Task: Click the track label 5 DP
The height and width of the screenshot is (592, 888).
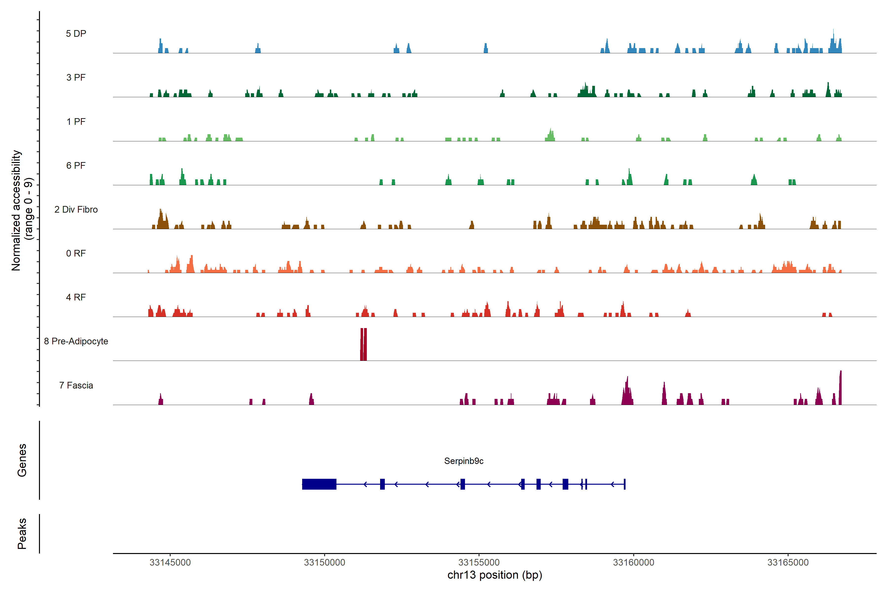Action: [x=76, y=34]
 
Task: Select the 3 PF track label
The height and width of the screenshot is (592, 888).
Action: [x=76, y=77]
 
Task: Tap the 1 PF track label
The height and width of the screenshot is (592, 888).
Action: [x=76, y=122]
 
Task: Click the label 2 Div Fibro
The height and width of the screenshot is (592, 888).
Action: [x=76, y=209]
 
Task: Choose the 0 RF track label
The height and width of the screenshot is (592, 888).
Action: [x=76, y=253]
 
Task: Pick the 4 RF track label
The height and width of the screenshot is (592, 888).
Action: [x=76, y=297]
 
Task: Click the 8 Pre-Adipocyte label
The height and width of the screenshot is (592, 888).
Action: [x=76, y=341]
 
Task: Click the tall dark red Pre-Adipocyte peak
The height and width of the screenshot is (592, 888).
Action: [x=364, y=344]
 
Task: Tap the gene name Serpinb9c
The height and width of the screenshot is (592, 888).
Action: [x=464, y=461]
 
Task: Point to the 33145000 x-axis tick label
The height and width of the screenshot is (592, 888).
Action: [x=170, y=563]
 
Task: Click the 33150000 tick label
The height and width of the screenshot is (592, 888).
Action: [x=324, y=563]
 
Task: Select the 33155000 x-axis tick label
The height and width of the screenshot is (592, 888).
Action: [x=479, y=563]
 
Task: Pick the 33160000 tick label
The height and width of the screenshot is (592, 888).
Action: [x=633, y=563]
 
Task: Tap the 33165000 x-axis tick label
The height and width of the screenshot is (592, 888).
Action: [x=788, y=563]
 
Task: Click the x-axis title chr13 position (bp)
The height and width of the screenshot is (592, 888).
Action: [x=495, y=575]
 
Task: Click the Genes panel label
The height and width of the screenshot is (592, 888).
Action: [x=22, y=460]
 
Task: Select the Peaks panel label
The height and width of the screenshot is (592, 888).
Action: [x=22, y=534]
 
